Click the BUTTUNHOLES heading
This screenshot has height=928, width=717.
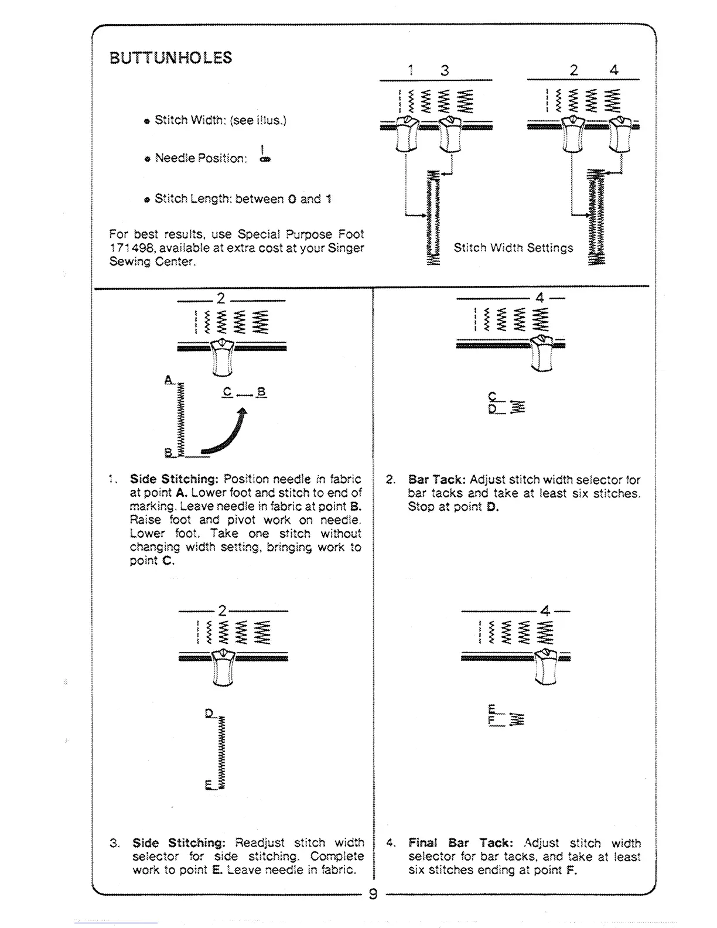(170, 58)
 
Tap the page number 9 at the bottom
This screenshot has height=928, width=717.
(373, 895)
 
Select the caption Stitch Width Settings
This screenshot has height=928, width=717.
(513, 248)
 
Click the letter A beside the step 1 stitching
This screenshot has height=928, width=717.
(169, 380)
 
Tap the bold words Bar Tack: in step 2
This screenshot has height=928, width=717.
(437, 480)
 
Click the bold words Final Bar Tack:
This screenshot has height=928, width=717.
(460, 843)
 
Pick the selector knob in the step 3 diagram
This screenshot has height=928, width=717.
(222, 666)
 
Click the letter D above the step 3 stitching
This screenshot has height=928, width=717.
(209, 713)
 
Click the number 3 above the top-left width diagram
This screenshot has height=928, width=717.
(445, 71)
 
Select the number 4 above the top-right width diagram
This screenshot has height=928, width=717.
(614, 70)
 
